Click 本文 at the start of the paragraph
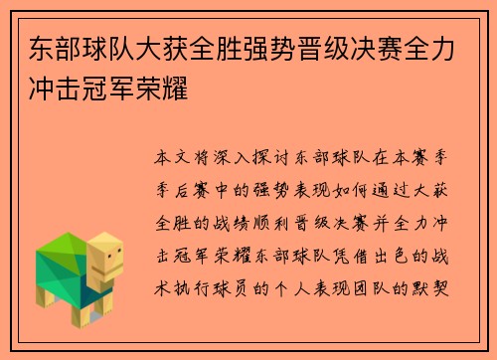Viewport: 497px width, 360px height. point(170,157)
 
